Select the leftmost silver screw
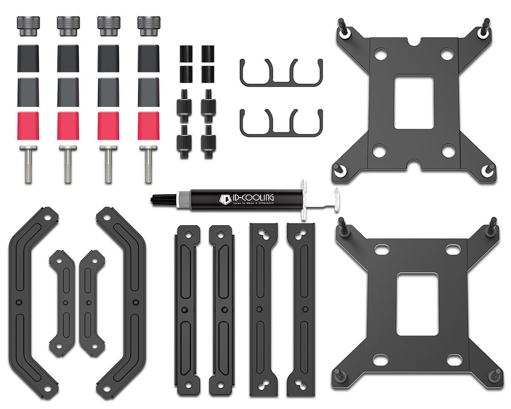[x=29, y=164]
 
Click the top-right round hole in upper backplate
[x=446, y=54]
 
